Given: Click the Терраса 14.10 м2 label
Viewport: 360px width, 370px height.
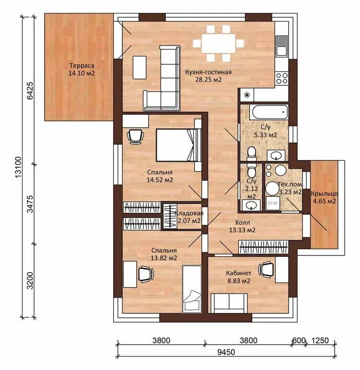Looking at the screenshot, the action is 81,69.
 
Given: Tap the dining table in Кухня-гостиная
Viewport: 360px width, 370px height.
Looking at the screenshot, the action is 219,44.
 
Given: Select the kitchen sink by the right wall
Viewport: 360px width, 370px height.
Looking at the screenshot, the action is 282,46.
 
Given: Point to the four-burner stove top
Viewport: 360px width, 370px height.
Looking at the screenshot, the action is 282,78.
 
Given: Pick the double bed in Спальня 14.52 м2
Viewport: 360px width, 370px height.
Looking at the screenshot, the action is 179,145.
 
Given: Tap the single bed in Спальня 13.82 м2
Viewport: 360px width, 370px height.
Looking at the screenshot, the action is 192,289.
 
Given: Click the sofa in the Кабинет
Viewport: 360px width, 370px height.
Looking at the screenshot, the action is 229,303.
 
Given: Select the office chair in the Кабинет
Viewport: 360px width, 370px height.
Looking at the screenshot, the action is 266,268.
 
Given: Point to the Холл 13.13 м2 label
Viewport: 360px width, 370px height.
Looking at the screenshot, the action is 242,226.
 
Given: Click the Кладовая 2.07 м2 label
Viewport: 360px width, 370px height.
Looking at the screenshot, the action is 189,217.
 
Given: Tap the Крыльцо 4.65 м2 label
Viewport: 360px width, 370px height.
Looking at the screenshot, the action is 325,197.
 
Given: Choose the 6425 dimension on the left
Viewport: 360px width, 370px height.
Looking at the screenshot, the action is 30,91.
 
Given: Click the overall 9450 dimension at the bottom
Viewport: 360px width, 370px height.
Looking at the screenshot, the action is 226,352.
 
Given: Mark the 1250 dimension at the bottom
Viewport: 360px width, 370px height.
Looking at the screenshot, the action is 320,340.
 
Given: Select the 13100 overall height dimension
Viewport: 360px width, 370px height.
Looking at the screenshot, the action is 18,167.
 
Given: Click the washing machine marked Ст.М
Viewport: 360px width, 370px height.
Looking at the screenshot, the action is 273,203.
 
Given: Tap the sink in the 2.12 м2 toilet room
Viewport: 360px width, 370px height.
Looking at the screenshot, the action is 251,205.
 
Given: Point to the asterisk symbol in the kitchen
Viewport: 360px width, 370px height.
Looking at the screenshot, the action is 247,95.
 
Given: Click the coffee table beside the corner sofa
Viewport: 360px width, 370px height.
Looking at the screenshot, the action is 139,67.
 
